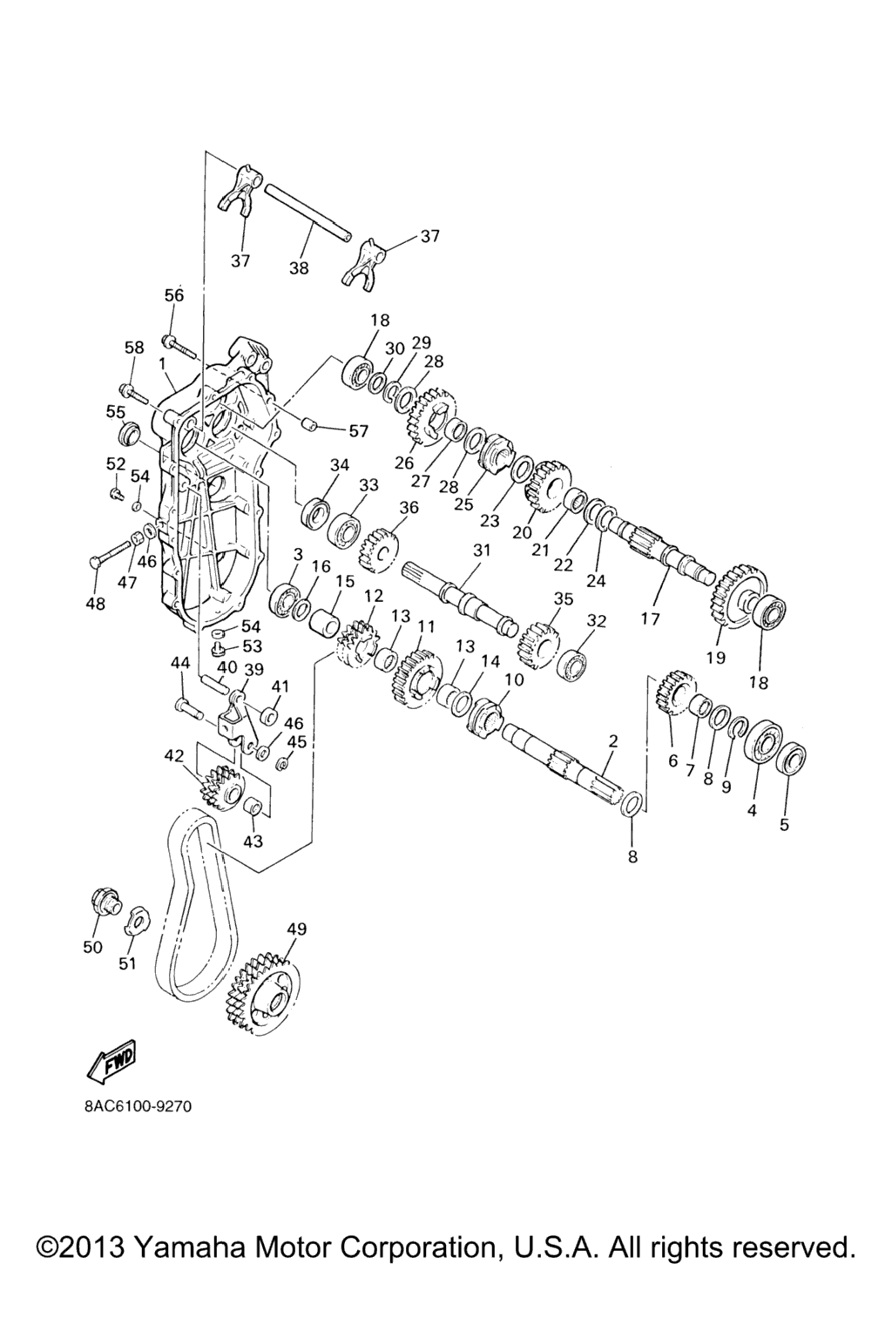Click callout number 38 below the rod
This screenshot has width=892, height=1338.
[299, 268]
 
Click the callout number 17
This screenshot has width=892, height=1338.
[650, 618]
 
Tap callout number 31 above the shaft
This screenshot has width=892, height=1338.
[481, 550]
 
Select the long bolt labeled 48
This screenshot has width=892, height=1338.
[111, 554]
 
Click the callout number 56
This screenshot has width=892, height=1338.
[174, 294]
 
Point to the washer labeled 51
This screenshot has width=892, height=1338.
[137, 920]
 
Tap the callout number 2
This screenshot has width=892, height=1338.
[613, 740]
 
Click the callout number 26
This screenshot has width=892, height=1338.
[404, 463]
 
